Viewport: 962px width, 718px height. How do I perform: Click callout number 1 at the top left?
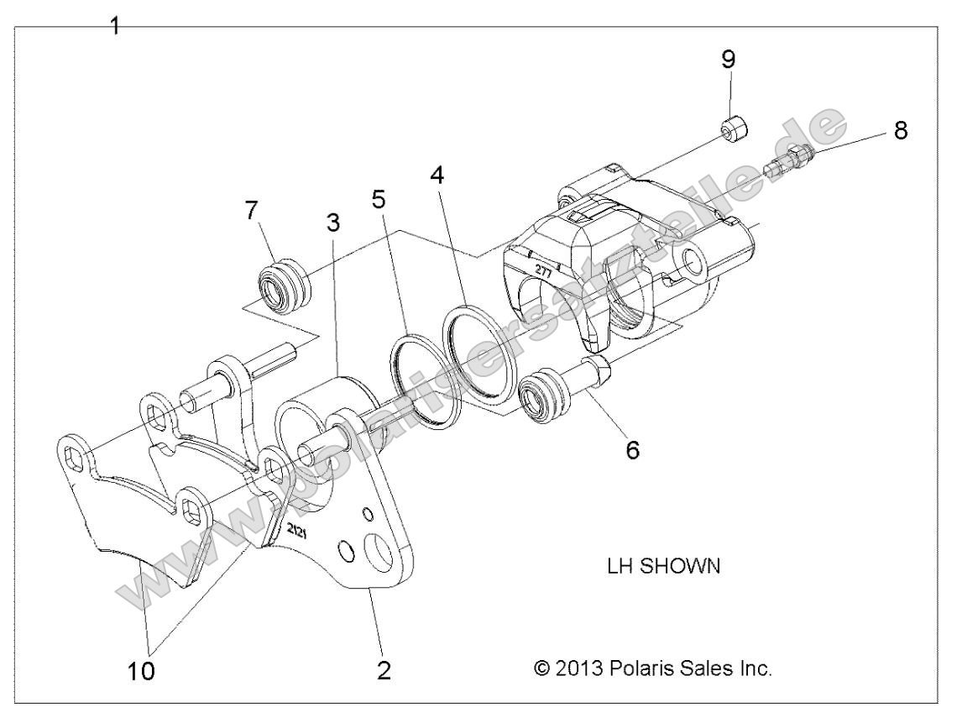pyautogui.click(x=116, y=25)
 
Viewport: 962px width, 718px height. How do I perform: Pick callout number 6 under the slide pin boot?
pyautogui.click(x=631, y=449)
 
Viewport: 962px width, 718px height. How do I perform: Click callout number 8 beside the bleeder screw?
pyautogui.click(x=899, y=131)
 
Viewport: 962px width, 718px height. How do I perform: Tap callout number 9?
pyautogui.click(x=728, y=59)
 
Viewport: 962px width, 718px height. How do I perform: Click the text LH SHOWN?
pyautogui.click(x=663, y=566)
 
